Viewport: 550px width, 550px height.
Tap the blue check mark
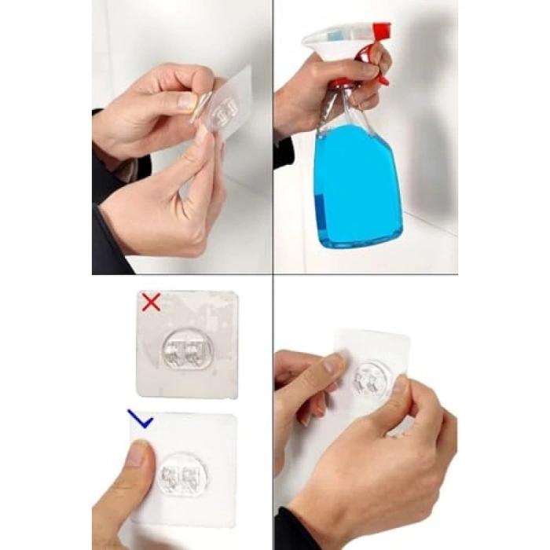click(140, 420)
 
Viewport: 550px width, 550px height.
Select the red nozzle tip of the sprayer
click(381, 31)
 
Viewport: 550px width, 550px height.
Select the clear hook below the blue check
click(183, 475)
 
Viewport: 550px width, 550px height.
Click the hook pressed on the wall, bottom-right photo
click(369, 379)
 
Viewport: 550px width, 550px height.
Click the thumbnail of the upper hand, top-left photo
click(188, 101)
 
